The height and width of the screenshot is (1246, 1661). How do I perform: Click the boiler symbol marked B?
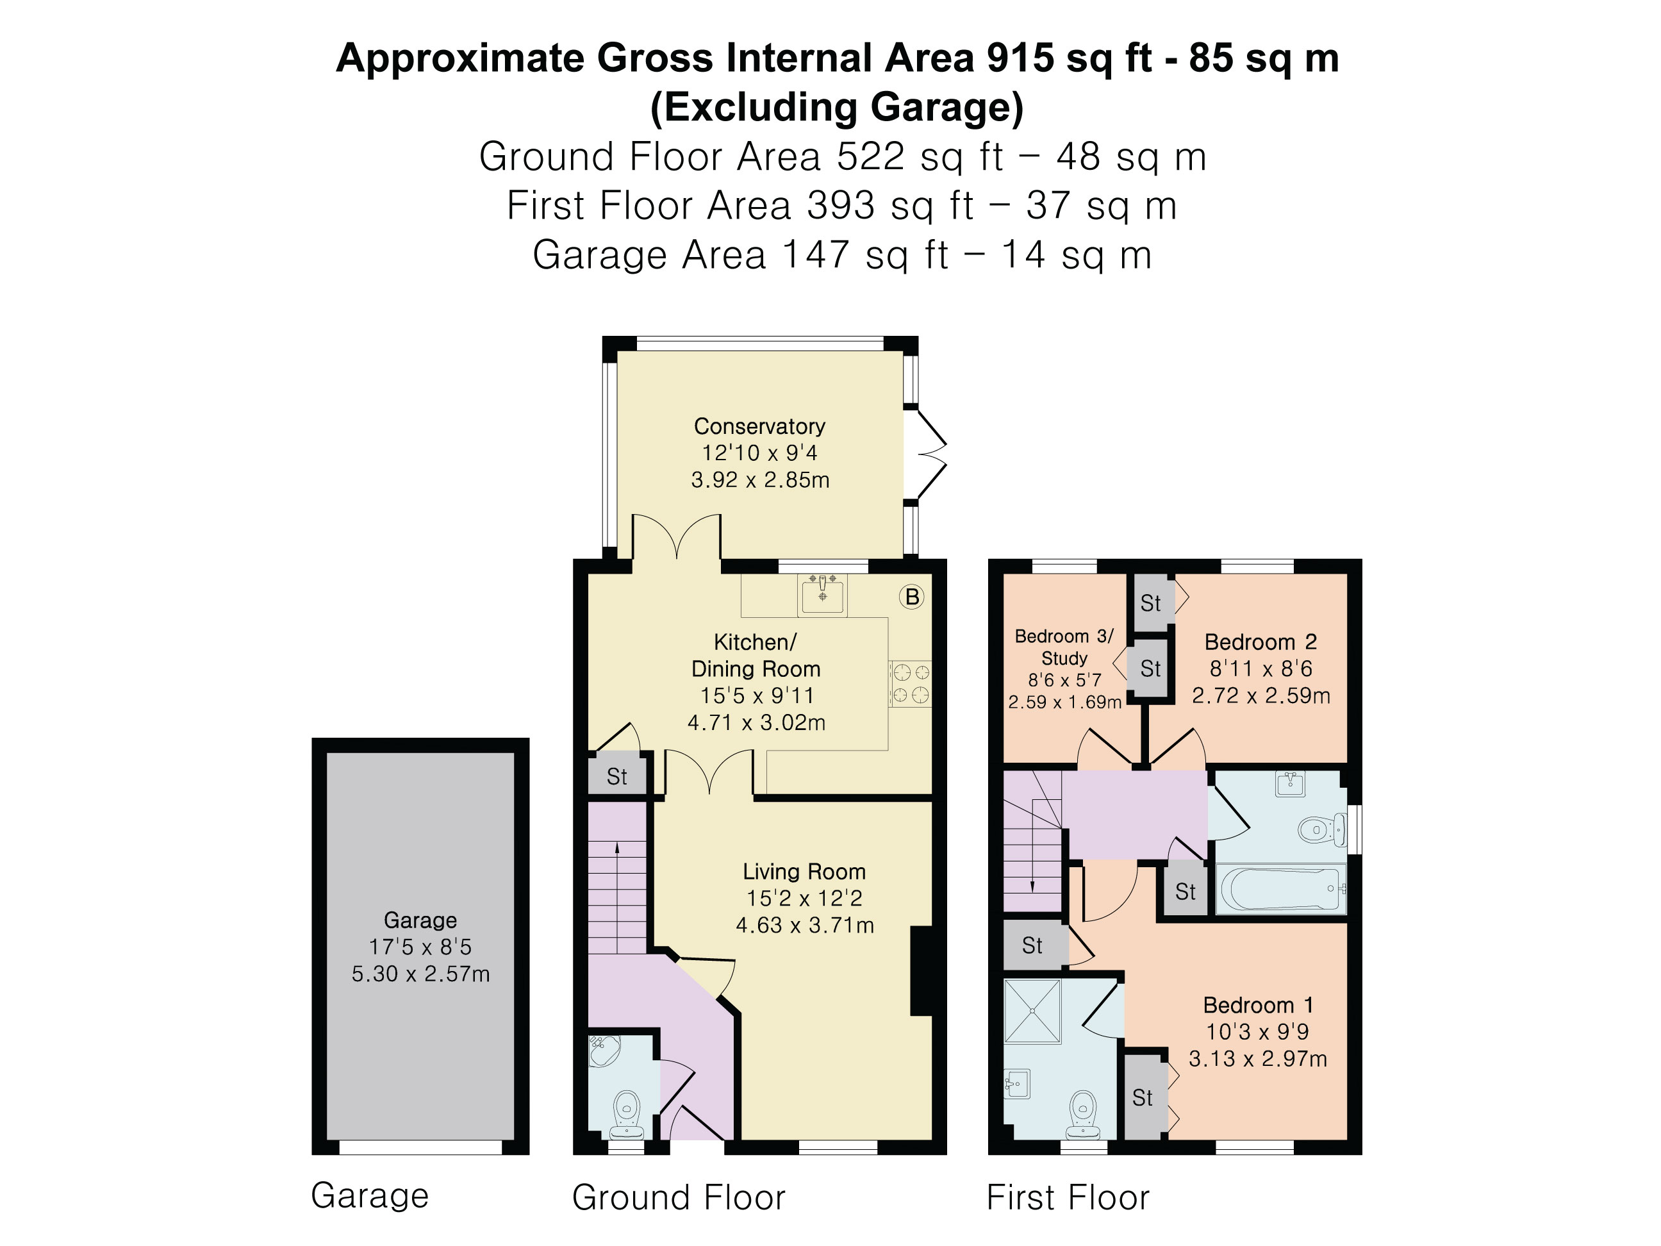click(912, 597)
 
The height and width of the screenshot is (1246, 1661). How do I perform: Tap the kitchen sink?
click(822, 595)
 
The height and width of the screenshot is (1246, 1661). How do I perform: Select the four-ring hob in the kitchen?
click(910, 683)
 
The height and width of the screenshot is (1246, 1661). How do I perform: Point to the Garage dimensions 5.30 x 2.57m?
click(420, 974)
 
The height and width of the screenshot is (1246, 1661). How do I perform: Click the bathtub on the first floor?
click(1280, 888)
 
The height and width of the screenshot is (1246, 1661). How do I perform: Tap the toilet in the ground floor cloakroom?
click(625, 1115)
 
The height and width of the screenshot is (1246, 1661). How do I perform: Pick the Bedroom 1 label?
click(1258, 1005)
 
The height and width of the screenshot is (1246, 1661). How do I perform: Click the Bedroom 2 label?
click(1260, 642)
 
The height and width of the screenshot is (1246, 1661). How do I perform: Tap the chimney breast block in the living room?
click(921, 971)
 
